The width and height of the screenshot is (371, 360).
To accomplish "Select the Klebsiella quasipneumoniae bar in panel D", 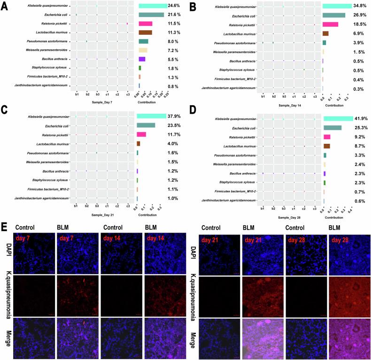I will pos(338,119).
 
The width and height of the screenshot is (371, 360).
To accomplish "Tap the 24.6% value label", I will pos(175,6).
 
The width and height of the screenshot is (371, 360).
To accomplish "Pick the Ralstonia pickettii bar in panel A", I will pos(145,24).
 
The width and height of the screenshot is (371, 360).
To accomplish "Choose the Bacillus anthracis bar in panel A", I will pos(142,59).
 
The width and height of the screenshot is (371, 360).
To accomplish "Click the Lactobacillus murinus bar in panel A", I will pos(145,32).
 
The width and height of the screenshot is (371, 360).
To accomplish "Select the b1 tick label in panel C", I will pos(76,205).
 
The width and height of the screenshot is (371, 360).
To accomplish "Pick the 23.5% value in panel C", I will pos(175,125).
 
